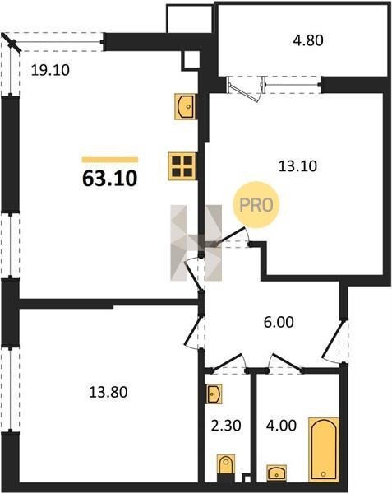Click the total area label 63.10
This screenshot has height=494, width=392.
109,179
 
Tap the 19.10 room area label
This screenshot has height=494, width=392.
50,70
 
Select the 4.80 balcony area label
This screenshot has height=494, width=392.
308,40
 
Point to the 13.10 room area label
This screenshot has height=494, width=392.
297,166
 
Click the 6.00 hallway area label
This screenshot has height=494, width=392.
279,322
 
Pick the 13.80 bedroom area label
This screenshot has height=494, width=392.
108,393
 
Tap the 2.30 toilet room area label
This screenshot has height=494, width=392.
226,426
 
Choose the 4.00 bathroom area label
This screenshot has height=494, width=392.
281,426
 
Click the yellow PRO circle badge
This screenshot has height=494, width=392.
256,205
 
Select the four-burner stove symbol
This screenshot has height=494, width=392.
182,166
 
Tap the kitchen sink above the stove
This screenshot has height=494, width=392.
186,106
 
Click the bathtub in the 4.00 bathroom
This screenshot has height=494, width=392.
324,450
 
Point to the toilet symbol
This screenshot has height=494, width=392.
226,465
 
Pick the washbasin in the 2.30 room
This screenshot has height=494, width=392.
214,394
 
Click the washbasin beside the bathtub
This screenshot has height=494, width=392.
277,473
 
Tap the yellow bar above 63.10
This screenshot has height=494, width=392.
109,160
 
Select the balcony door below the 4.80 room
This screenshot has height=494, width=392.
246,90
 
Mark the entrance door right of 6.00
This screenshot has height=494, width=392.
332,339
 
